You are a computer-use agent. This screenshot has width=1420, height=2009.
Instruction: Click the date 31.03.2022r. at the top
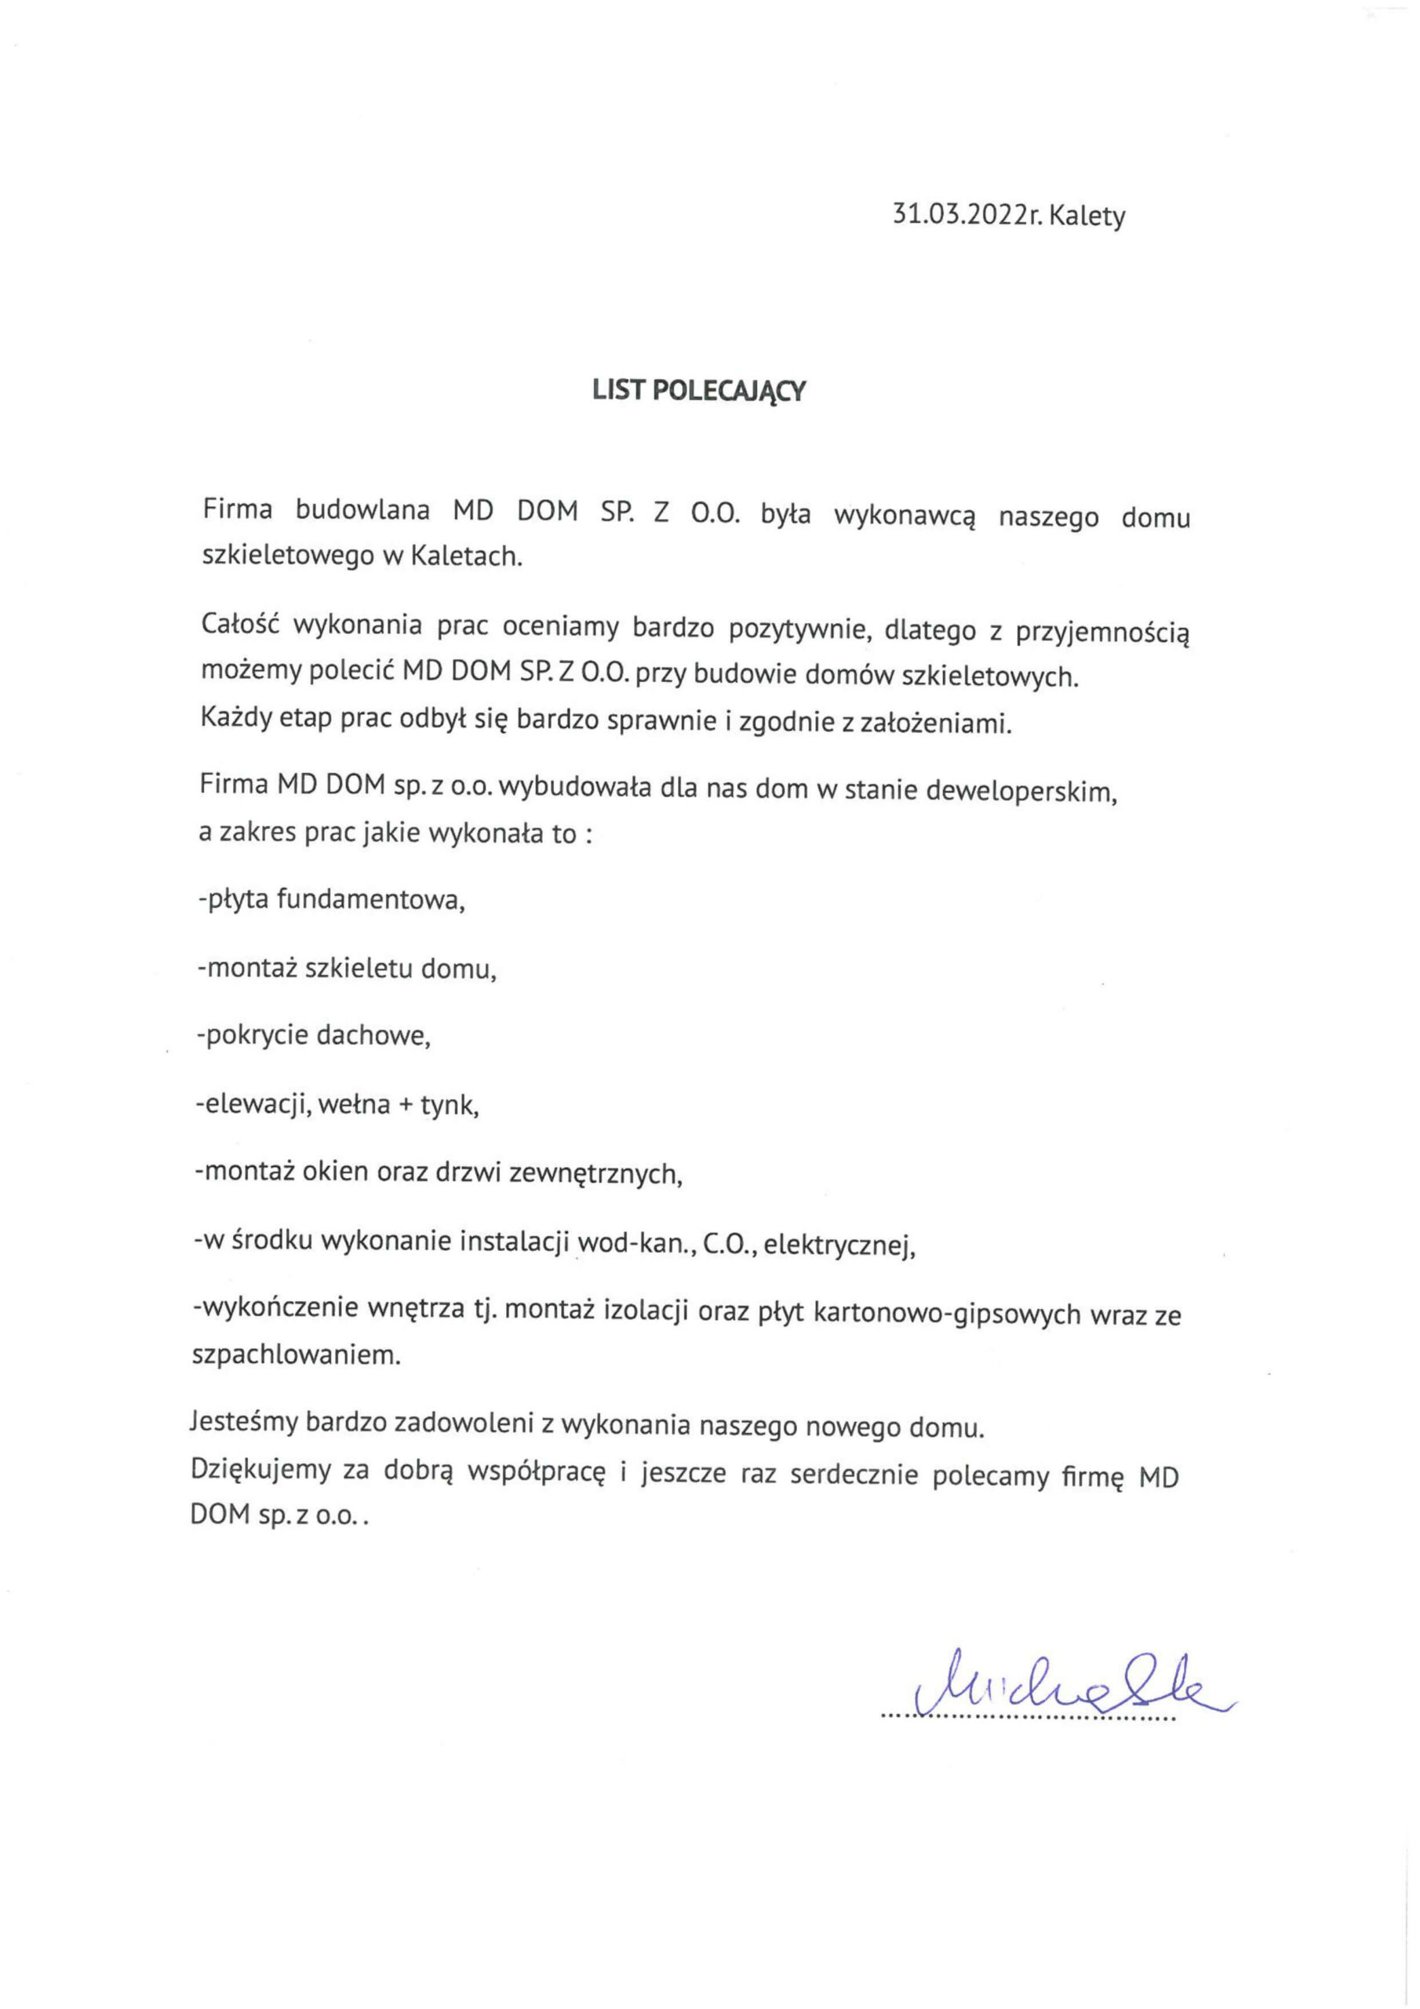[967, 215]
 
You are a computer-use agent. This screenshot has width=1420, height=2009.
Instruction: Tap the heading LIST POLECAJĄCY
[698, 390]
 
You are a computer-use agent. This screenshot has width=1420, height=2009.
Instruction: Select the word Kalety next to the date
[1087, 215]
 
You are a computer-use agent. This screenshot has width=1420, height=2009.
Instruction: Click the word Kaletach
[465, 556]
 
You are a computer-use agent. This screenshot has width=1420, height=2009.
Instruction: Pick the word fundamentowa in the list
[370, 899]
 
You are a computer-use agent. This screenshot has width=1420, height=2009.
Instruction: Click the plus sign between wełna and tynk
[403, 1105]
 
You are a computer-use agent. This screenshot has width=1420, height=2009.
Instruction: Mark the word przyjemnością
[1102, 630]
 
